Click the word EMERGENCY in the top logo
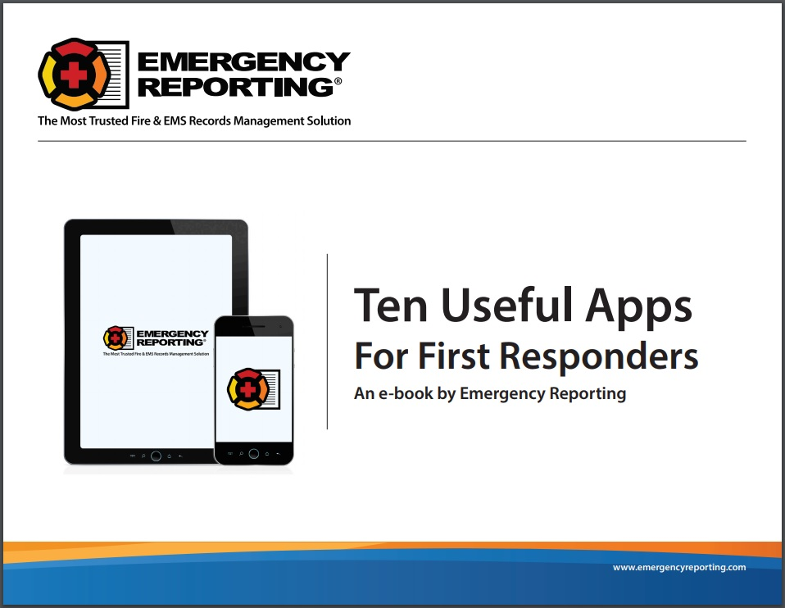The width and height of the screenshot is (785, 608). (244, 61)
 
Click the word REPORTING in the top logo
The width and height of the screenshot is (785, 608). (234, 85)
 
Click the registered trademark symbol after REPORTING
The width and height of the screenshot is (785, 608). (337, 81)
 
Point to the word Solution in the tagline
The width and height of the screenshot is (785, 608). (327, 120)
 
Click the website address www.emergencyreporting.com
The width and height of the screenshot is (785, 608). (679, 567)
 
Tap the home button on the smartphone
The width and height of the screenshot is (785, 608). (253, 453)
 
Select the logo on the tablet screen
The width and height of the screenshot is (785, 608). (155, 339)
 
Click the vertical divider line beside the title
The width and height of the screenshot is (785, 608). (327, 342)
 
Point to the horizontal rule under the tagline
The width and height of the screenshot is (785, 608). (392, 141)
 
